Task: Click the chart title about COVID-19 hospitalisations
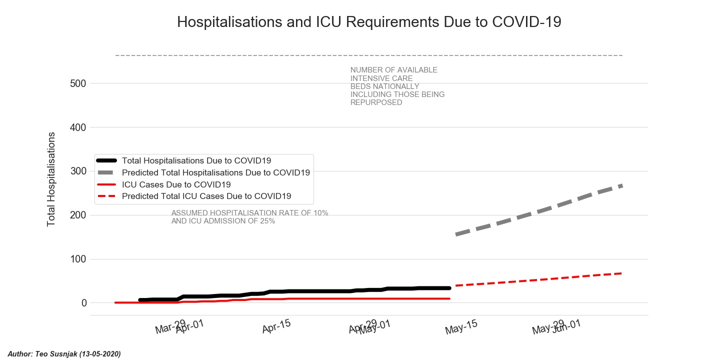(x=369, y=22)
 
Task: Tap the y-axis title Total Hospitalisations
(x=51, y=179)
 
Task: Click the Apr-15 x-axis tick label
(x=276, y=326)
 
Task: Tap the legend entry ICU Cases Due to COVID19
(x=176, y=184)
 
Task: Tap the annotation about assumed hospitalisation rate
(x=249, y=217)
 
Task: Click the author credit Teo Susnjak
(x=64, y=354)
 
